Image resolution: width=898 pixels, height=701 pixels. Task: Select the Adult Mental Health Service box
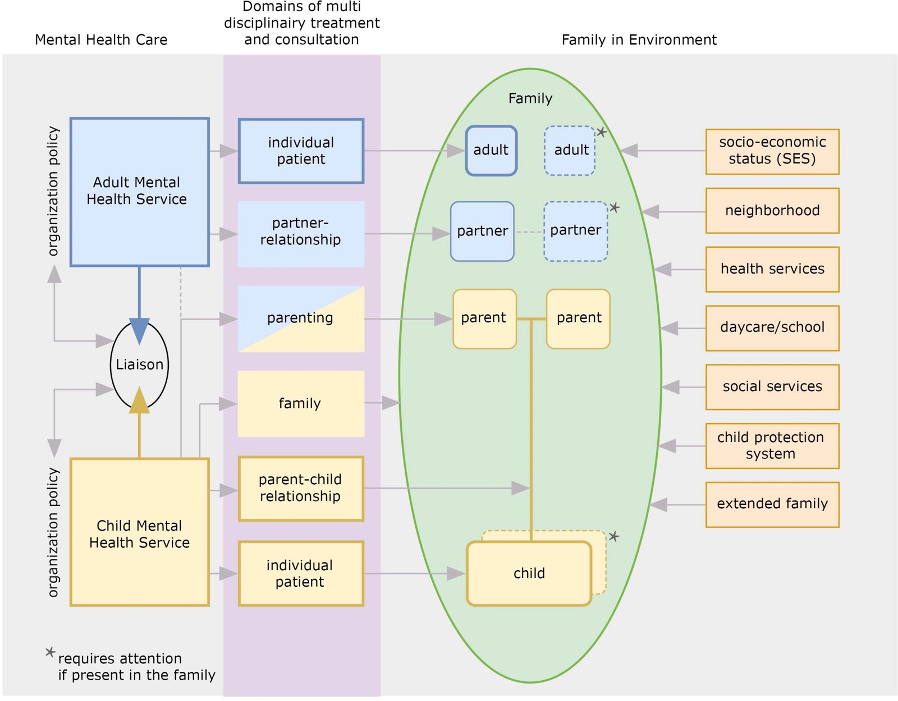tap(140, 192)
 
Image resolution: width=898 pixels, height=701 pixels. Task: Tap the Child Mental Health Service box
tap(140, 532)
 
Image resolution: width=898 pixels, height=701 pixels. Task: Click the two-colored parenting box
tap(301, 319)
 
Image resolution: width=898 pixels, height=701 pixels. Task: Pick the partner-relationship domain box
tap(301, 234)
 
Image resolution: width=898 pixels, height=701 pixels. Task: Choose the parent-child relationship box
tap(301, 489)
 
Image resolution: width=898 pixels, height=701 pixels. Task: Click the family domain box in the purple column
tap(301, 404)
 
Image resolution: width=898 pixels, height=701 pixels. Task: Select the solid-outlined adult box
tap(491, 151)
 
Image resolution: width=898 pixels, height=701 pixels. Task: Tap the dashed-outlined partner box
tap(576, 231)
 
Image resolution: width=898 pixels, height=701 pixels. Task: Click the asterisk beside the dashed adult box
tap(602, 132)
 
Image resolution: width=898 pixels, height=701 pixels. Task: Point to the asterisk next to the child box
tap(614, 536)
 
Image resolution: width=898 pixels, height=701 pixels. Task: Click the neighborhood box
tap(772, 211)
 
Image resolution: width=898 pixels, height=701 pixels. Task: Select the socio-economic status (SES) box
tap(772, 152)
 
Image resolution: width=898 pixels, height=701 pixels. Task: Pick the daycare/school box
tap(772, 329)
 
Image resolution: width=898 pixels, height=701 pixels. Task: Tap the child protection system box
tap(772, 446)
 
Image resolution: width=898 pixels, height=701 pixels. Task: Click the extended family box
tap(772, 504)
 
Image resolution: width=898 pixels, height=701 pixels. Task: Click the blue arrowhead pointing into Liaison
tap(139, 331)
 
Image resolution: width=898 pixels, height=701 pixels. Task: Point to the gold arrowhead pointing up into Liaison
tap(139, 400)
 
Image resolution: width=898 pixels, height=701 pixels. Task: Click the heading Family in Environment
tap(639, 40)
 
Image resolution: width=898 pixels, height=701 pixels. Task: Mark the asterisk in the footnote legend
tap(50, 652)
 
